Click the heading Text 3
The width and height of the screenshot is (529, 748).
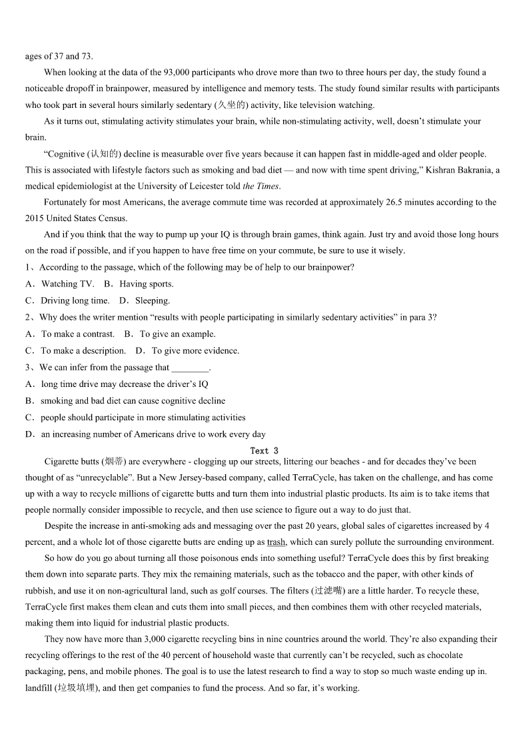[x=264, y=451]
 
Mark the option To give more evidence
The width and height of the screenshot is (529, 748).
[x=195, y=351]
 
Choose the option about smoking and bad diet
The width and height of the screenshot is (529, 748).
[x=133, y=401]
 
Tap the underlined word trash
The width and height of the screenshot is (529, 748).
[x=276, y=542]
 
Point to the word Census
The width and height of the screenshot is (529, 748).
[x=113, y=218]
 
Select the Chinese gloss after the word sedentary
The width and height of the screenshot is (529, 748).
[x=233, y=105]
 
